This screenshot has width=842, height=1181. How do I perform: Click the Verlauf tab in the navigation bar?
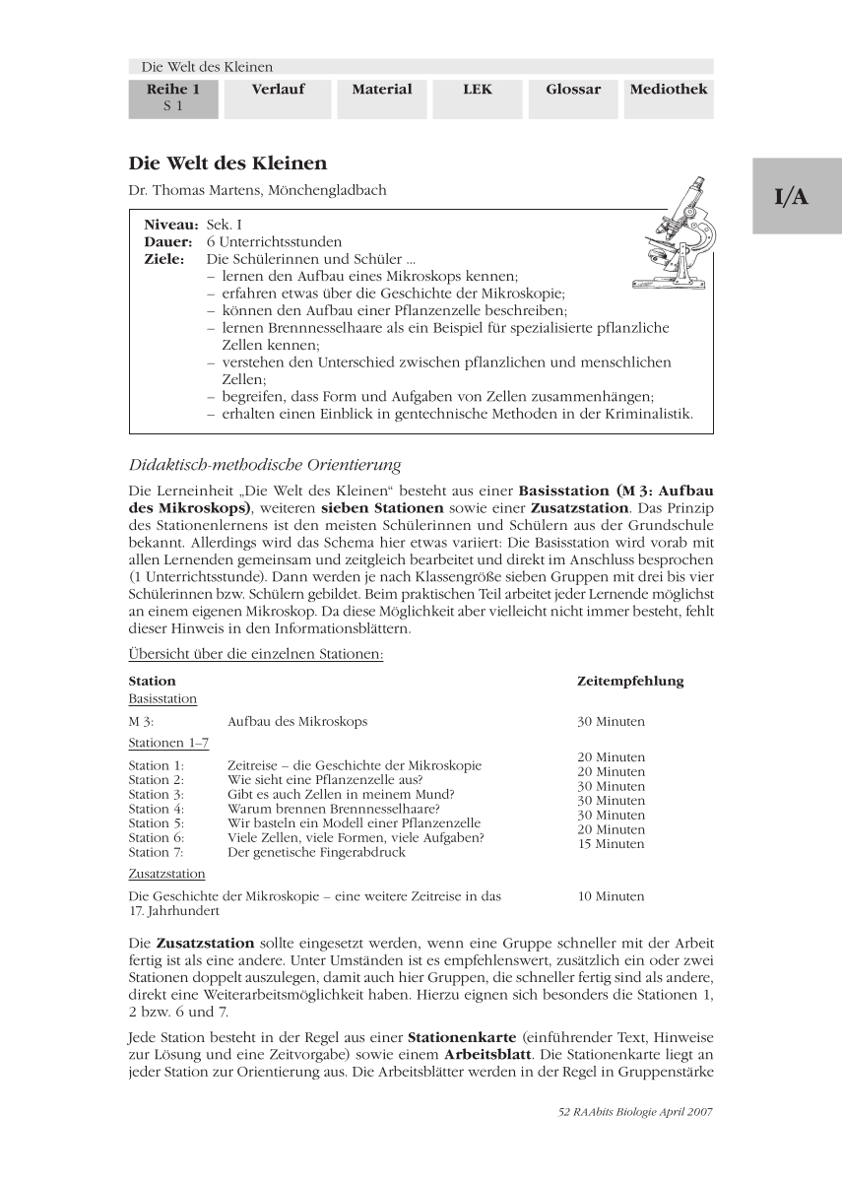pyautogui.click(x=278, y=90)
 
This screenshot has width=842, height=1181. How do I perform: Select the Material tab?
pyautogui.click(x=382, y=90)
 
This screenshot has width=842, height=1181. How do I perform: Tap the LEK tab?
pyautogui.click(x=478, y=90)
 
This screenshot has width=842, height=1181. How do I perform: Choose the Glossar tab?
pyautogui.click(x=573, y=90)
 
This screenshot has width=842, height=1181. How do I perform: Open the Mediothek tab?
pyautogui.click(x=669, y=90)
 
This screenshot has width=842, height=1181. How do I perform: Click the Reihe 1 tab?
pyautogui.click(x=173, y=97)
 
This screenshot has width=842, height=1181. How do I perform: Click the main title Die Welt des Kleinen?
pyautogui.click(x=227, y=164)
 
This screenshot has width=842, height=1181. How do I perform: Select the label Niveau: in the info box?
pyautogui.click(x=171, y=225)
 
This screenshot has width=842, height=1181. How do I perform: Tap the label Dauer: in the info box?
pyautogui.click(x=168, y=241)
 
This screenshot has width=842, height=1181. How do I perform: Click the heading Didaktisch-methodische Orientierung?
pyautogui.click(x=265, y=465)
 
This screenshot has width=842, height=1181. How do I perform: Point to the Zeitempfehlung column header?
pyautogui.click(x=629, y=681)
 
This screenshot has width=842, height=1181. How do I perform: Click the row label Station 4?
pyautogui.click(x=156, y=809)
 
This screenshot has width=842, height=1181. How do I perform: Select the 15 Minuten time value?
pyautogui.click(x=612, y=844)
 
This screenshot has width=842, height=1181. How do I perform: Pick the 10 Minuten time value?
pyautogui.click(x=612, y=896)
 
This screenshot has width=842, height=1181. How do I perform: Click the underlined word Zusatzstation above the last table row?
pyautogui.click(x=166, y=874)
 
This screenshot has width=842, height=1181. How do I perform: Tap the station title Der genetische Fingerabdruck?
pyautogui.click(x=316, y=853)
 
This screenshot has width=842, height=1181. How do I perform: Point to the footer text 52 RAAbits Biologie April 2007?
pyautogui.click(x=634, y=1111)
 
